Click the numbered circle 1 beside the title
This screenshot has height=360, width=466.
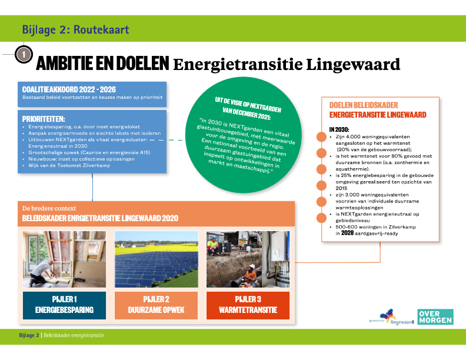click(22, 54)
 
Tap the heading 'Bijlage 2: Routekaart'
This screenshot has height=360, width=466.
click(75, 29)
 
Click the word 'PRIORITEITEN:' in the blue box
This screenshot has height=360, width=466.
click(44, 118)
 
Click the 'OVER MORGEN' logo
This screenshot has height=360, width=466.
click(435, 317)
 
